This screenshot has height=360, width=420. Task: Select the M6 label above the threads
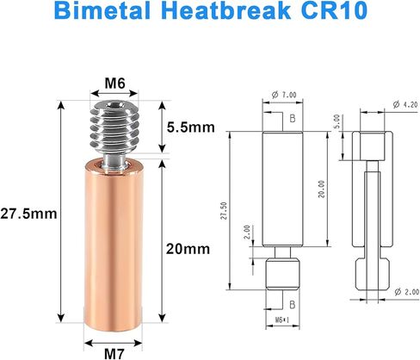[x=116, y=83]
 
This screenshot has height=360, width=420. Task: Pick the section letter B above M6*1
[x=293, y=304]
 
